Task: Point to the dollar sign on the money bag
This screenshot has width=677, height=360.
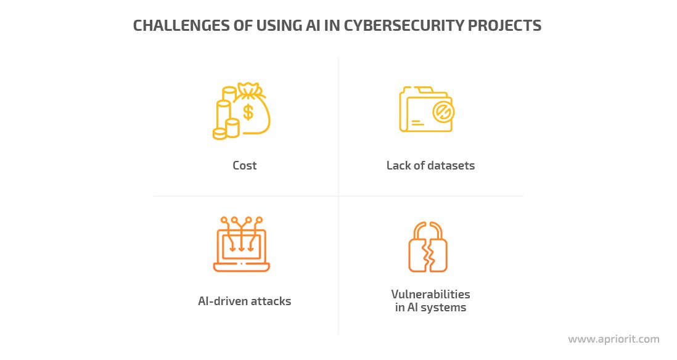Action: [248, 112]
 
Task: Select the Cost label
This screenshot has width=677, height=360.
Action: [245, 165]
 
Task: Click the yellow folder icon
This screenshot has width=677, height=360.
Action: [425, 110]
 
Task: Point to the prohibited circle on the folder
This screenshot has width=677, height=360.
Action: [441, 112]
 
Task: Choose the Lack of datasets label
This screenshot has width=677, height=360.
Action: [430, 165]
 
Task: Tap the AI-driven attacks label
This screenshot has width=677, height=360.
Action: [244, 301]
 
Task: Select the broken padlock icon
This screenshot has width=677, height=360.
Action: [427, 247]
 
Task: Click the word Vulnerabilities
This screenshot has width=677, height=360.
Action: [430, 294]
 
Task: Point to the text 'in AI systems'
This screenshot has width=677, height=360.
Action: [430, 308]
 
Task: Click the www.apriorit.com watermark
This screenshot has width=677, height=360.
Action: [613, 339]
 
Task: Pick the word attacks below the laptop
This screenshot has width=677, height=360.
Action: [270, 301]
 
